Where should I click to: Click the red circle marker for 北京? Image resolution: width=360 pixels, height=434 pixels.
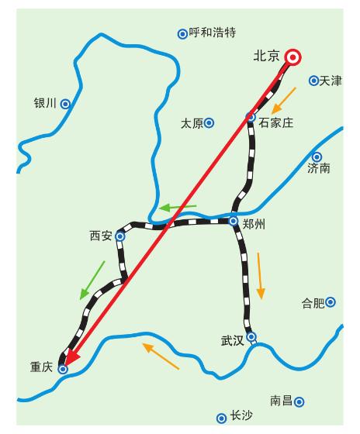pyautogui.click(x=292, y=57)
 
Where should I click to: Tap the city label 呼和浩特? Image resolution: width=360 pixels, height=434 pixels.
pyautogui.click(x=212, y=33)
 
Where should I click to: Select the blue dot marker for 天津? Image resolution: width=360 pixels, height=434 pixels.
pyautogui.click(x=313, y=80)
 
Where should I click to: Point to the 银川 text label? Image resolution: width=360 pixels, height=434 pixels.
pyautogui.click(x=46, y=103)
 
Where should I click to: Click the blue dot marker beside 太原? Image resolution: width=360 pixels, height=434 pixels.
pyautogui.click(x=209, y=122)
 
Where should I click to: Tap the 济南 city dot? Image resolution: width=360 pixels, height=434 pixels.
pyautogui.click(x=317, y=157)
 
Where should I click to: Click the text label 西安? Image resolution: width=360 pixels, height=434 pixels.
pyautogui.click(x=101, y=236)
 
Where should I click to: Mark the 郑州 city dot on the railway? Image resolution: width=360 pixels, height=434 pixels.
pyautogui.click(x=233, y=221)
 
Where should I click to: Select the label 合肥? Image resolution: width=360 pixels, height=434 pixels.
pyautogui.click(x=313, y=303)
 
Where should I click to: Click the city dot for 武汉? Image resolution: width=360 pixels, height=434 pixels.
pyautogui.click(x=251, y=336)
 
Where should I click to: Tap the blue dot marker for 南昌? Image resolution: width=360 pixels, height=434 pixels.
pyautogui.click(x=299, y=401)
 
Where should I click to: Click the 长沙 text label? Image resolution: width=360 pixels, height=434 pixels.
pyautogui.click(x=241, y=416)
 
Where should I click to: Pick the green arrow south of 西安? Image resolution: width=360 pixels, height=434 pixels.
pyautogui.click(x=92, y=280)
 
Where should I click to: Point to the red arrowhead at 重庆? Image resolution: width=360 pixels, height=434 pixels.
pyautogui.click(x=69, y=356)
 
